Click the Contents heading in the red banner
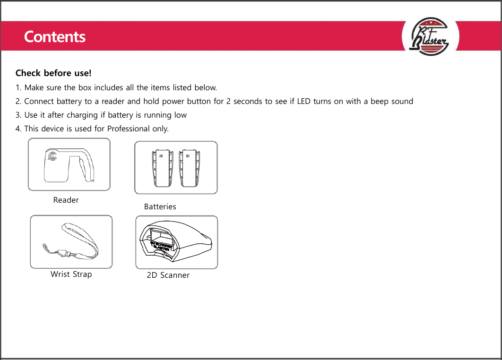click(x=55, y=37)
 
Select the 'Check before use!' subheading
click(x=53, y=73)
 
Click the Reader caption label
click(x=66, y=200)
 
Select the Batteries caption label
click(x=160, y=207)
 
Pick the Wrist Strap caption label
click(x=71, y=274)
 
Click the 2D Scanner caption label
click(x=168, y=275)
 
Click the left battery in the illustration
click(x=162, y=168)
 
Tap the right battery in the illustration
click(x=190, y=168)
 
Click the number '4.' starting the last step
click(x=18, y=129)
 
